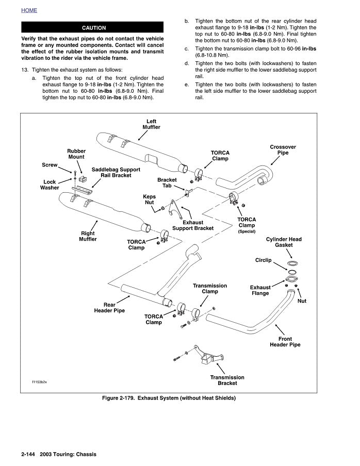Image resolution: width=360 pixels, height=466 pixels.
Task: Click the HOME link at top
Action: [29, 10]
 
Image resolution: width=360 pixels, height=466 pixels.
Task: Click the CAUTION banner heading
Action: [93, 28]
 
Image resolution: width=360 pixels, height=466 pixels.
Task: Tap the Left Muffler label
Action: [151, 124]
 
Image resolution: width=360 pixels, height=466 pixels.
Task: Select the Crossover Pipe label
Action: [283, 150]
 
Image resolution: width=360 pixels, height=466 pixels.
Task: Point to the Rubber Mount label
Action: [76, 154]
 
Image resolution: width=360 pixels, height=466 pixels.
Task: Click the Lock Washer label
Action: [50, 185]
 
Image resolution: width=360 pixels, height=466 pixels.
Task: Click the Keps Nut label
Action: [149, 199]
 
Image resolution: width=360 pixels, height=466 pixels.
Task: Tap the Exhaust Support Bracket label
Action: [192, 225]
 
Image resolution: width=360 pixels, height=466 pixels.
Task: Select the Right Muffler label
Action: [88, 236]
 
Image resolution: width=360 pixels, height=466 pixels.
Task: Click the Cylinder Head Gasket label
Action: [284, 242]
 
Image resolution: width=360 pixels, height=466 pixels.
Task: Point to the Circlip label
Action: [263, 260]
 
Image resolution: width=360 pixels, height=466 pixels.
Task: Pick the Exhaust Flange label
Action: [260, 290]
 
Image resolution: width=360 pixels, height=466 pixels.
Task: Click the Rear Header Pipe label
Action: [109, 308]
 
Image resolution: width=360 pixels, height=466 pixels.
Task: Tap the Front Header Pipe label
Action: [285, 342]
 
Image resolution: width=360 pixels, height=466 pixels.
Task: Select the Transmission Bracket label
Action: [227, 380]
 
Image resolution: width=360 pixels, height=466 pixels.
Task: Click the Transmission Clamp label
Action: [209, 289]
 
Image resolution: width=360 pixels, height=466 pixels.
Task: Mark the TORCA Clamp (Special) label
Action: [247, 225]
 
